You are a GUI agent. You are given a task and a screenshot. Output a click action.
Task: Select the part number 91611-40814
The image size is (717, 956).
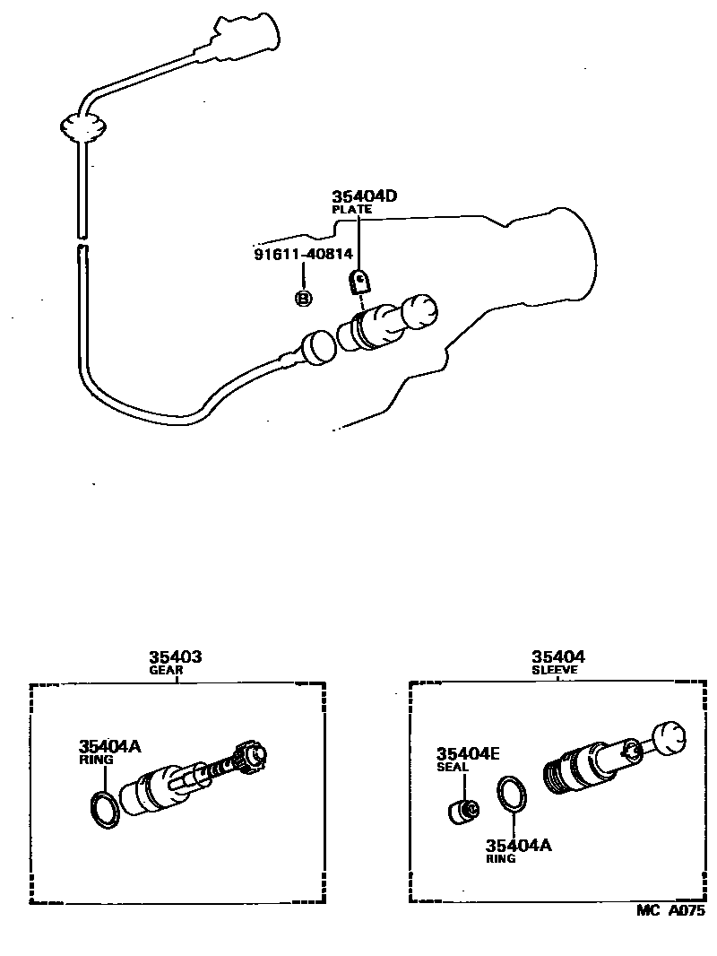point(302,255)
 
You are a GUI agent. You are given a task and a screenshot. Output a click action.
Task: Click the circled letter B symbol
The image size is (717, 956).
point(303,299)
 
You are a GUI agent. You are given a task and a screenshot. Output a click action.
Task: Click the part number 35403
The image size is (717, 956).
point(175,657)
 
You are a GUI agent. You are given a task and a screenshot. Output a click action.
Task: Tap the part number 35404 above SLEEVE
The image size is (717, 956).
point(557,657)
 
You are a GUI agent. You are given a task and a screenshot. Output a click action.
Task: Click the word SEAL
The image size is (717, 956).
point(453,767)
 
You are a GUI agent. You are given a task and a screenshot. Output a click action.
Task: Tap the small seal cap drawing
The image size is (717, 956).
point(463,811)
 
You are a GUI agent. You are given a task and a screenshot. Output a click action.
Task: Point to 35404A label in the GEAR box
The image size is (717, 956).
point(109,746)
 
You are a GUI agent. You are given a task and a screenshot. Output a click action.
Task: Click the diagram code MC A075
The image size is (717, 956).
point(669,910)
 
